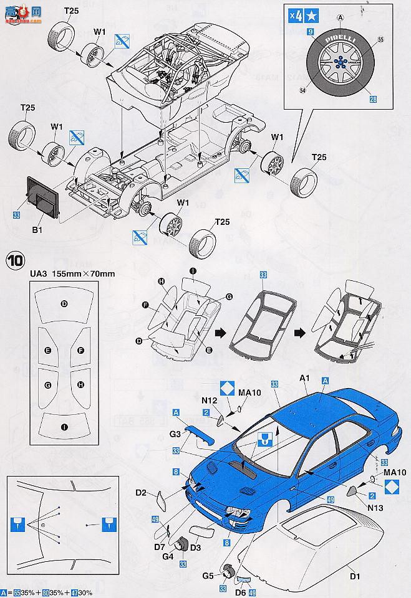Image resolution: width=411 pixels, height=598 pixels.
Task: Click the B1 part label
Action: [x=36, y=230]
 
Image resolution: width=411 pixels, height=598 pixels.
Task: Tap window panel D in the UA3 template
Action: [x=64, y=303]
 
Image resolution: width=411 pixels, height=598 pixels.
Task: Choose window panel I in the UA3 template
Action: [x=64, y=427]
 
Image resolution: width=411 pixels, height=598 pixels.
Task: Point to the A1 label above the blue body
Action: [x=305, y=377]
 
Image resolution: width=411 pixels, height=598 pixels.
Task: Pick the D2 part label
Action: [x=141, y=493]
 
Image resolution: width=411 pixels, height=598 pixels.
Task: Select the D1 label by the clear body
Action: [x=355, y=576]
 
